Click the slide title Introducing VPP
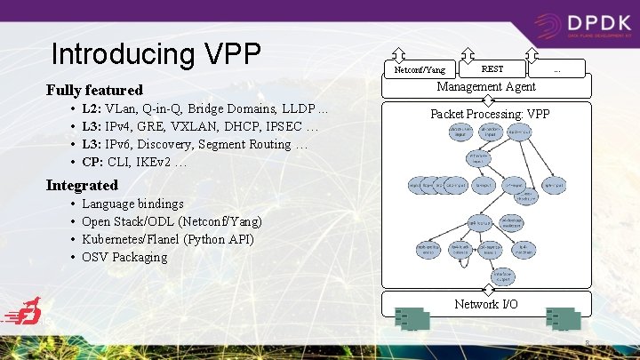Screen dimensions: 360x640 (156, 54)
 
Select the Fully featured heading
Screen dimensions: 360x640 (94, 90)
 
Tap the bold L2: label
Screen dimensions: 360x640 (92, 108)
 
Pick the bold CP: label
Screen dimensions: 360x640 (92, 162)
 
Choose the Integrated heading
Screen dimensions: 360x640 (82, 185)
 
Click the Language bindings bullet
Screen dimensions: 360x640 (132, 204)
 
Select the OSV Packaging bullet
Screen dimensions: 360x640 (124, 257)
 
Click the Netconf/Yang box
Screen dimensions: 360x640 (420, 68)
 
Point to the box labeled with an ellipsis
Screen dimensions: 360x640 (557, 68)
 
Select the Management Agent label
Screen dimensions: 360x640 (485, 86)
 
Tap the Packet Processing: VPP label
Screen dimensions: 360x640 (490, 114)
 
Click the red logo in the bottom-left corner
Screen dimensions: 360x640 (24, 314)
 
